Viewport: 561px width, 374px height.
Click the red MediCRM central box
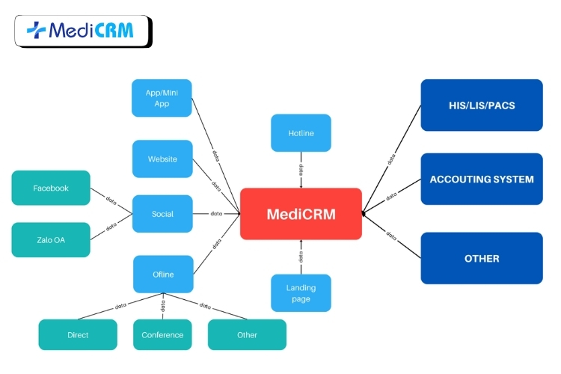click(x=301, y=214)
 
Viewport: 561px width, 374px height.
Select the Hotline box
click(x=301, y=133)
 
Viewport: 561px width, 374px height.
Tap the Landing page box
click(x=301, y=293)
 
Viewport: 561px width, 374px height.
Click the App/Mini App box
click(x=162, y=98)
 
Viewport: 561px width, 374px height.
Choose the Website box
click(x=162, y=159)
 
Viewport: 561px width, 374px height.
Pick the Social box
click(x=162, y=214)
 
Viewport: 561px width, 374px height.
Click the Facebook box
click(x=51, y=188)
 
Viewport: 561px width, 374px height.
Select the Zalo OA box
click(x=51, y=240)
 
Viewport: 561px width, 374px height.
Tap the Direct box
click(x=78, y=335)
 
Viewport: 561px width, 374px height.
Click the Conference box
click(x=163, y=335)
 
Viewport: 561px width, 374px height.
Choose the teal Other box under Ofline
click(x=247, y=335)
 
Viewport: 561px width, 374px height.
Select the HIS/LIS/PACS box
click(x=482, y=105)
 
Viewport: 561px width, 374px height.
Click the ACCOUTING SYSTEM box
click(x=482, y=180)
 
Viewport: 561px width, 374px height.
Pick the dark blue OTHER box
click(x=482, y=258)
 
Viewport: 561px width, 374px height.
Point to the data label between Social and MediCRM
click(x=216, y=214)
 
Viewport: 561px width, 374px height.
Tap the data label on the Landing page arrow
click(x=301, y=257)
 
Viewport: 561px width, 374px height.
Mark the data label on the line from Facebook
click(x=111, y=200)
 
